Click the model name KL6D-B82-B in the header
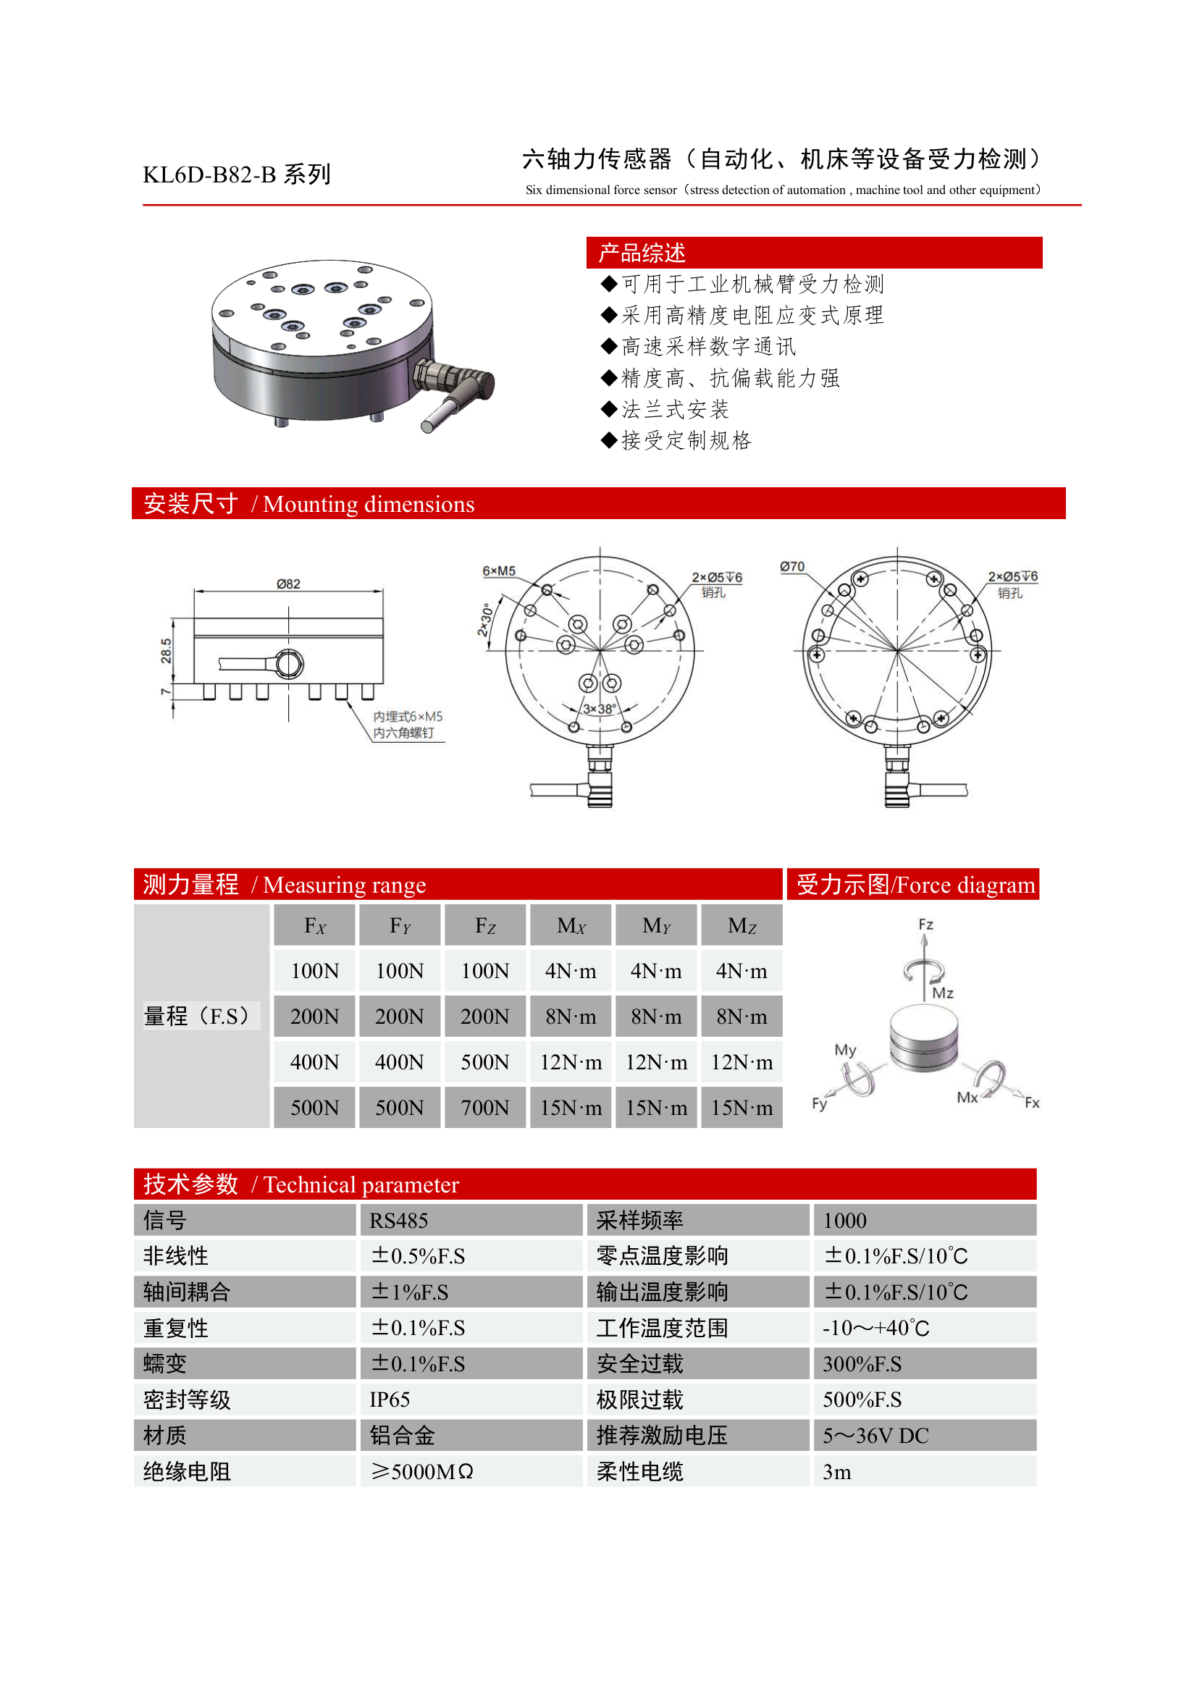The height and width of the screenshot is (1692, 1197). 209,174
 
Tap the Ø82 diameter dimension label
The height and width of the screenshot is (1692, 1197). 288,584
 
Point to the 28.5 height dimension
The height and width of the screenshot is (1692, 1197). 166,650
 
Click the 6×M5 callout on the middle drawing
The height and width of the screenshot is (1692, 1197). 499,571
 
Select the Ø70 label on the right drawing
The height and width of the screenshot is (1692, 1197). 792,567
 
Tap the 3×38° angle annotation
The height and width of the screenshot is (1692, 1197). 600,709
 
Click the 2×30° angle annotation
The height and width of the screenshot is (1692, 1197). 485,620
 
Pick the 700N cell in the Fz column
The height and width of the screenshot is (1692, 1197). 485,1108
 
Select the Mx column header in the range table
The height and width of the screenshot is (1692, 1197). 571,926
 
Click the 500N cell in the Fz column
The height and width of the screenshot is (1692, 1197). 485,1062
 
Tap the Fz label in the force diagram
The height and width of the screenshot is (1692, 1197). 925,924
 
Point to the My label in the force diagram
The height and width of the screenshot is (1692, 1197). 845,1049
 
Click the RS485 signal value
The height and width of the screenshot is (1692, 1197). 399,1221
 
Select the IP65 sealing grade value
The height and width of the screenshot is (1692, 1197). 390,1400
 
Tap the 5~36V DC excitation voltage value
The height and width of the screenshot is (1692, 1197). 875,1436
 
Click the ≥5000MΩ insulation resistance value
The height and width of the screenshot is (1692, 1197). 421,1472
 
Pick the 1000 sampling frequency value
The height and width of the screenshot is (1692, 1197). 844,1221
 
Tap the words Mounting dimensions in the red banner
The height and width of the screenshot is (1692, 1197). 369,504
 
